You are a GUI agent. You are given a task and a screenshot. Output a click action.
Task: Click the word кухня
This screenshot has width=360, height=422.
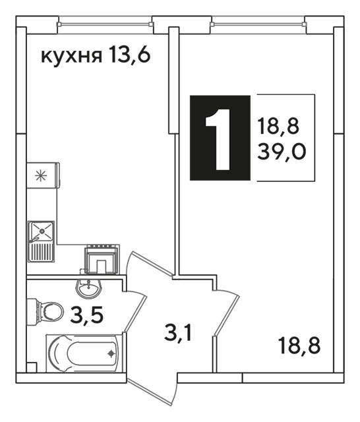point(72,56)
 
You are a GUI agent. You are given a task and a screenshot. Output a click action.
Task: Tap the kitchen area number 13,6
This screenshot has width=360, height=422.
point(129,55)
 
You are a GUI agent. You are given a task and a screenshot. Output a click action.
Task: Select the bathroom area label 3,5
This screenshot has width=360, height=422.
point(86,315)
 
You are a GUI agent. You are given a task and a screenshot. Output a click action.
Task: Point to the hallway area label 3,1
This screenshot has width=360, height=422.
point(178,334)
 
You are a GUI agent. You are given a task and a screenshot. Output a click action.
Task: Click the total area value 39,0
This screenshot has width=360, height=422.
point(282,152)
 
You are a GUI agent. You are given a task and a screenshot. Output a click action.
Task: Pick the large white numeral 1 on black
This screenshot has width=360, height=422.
point(218,139)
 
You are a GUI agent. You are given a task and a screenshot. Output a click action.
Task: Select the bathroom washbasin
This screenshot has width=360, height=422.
point(88,288)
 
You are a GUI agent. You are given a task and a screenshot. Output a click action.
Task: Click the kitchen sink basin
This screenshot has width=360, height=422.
point(42,231)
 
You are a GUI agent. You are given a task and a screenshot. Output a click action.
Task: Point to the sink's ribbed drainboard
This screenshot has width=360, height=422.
point(42,252)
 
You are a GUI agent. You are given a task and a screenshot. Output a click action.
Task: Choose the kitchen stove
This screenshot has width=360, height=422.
point(102,259)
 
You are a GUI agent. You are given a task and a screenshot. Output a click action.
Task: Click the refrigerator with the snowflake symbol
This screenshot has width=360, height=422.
point(43,175)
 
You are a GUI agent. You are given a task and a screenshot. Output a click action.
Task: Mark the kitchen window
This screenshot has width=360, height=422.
point(105,24)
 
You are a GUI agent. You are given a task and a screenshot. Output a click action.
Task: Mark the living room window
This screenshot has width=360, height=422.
point(258,24)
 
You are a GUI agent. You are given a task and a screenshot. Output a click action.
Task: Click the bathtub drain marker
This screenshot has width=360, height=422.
point(111,353)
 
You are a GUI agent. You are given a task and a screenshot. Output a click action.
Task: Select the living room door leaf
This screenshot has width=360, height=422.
point(227,315)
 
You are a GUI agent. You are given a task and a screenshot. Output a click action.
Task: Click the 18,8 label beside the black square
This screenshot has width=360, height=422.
point(278,127)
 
